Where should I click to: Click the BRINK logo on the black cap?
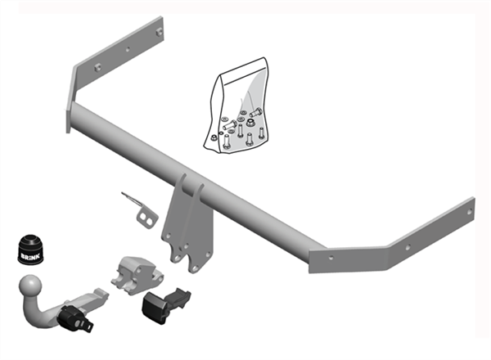point(28,253)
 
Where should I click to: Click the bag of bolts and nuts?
point(237,106)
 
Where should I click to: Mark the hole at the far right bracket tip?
point(469,210)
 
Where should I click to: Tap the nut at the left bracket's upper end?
point(160,32)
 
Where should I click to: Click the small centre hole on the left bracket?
point(127,49)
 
